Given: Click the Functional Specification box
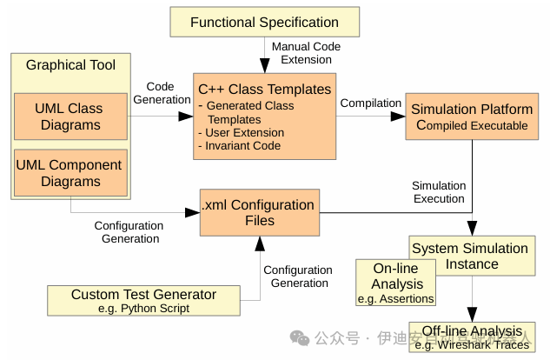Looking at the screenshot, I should pyautogui.click(x=264, y=22).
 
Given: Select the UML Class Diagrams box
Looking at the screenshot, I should pyautogui.click(x=69, y=117).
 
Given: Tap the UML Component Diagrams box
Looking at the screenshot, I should pyautogui.click(x=69, y=173).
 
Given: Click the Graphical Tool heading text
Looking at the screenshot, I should pyautogui.click(x=70, y=65).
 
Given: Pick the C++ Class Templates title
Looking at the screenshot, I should pyautogui.click(x=264, y=89).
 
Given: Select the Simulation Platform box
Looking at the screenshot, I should pyautogui.click(x=471, y=117).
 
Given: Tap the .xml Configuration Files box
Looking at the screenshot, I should pyautogui.click(x=258, y=212).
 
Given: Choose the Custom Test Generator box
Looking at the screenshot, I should pyautogui.click(x=143, y=301).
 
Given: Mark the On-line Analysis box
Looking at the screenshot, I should pyautogui.click(x=396, y=283).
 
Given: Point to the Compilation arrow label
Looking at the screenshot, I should pyautogui.click(x=371, y=103).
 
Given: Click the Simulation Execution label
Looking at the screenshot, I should pyautogui.click(x=439, y=192).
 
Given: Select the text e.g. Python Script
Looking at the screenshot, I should pyautogui.click(x=143, y=309).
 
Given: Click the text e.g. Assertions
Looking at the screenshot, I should pyautogui.click(x=395, y=299).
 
